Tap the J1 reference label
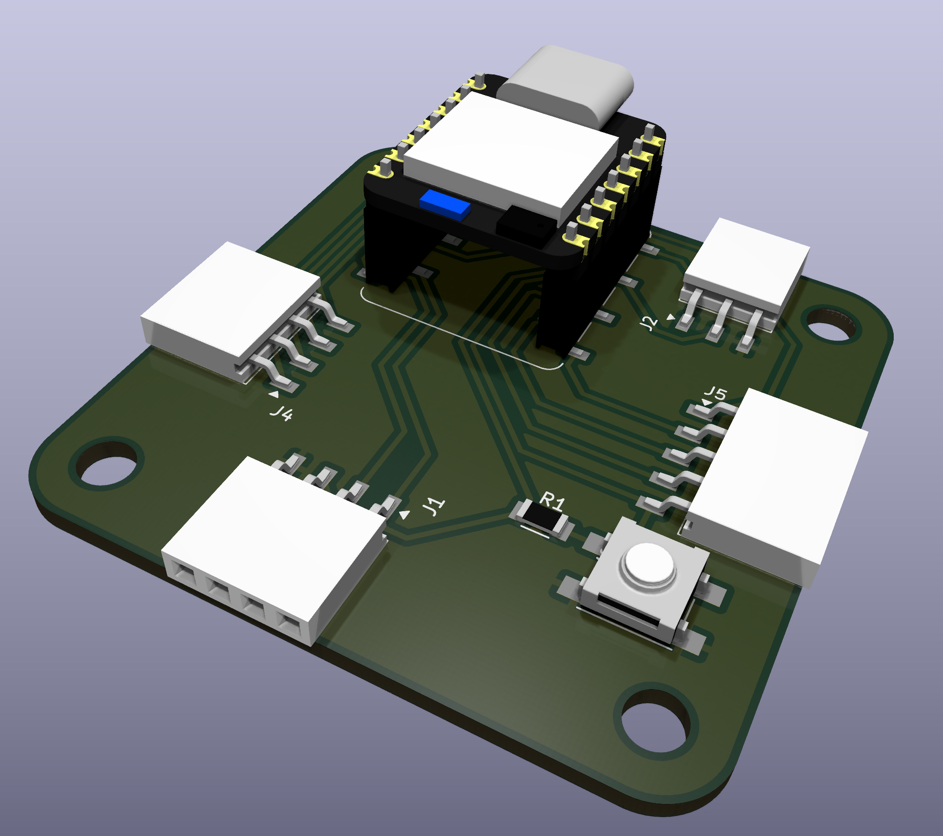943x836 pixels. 434,506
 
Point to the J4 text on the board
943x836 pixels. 281,413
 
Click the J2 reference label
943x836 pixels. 648,323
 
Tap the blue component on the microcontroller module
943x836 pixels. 445,204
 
